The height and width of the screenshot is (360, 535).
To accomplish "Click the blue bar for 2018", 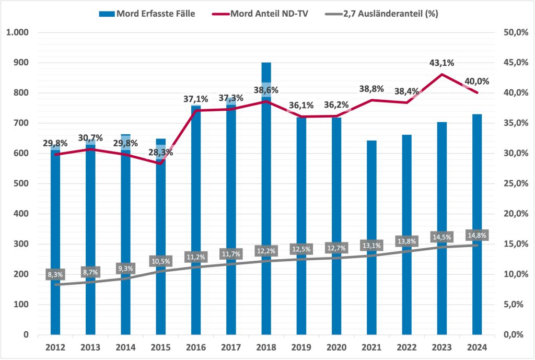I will [266, 209].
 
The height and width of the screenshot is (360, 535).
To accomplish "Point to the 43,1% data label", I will [441, 63].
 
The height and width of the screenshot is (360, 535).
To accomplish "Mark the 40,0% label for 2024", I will [476, 82].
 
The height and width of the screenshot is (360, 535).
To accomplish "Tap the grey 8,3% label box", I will [56, 274].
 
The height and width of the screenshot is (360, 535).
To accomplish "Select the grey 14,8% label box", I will [476, 235].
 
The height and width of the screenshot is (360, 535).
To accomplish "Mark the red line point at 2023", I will [442, 74].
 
